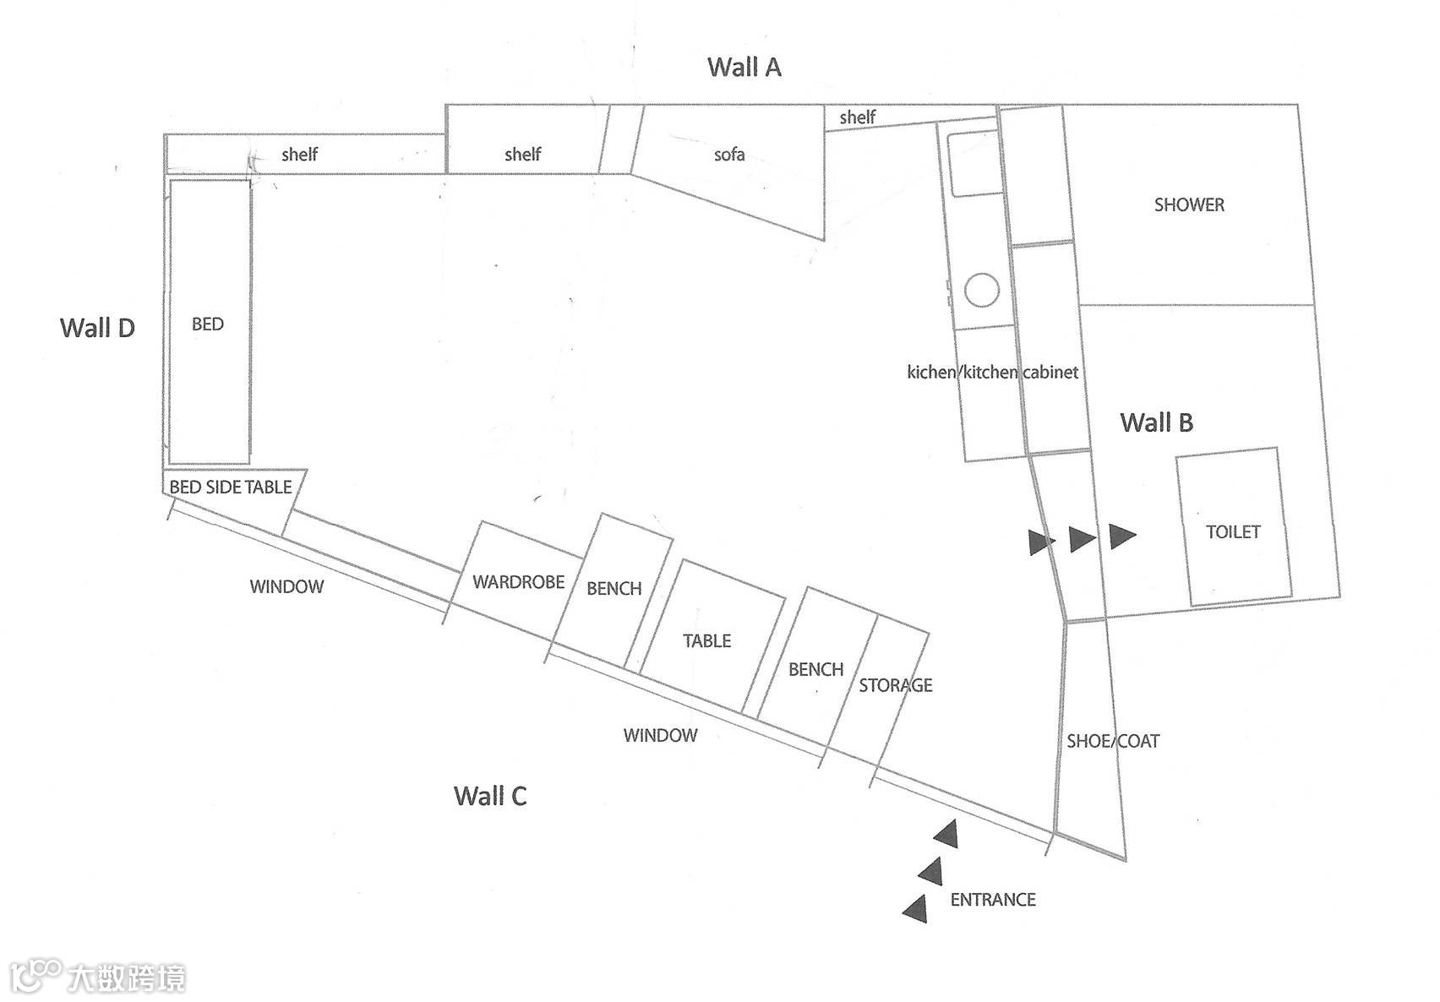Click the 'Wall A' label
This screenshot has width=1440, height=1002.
744,67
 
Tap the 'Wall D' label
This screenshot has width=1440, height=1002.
97,328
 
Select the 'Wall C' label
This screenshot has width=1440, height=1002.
490,795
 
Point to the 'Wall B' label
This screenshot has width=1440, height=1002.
1156,422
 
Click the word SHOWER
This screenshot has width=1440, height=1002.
1189,204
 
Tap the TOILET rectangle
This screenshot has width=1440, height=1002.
1233,531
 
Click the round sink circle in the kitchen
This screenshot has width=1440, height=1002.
982,291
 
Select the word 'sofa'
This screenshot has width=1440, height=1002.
729,155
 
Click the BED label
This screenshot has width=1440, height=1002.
208,324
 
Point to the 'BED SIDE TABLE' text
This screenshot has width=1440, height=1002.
230,487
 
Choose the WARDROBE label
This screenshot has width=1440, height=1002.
518,581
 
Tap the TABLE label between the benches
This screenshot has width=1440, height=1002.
706,640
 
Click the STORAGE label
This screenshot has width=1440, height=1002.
896,685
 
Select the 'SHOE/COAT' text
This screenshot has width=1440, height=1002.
1113,741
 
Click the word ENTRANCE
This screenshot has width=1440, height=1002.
993,900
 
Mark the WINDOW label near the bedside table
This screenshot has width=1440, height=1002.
286,586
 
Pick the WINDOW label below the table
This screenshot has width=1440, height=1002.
660,735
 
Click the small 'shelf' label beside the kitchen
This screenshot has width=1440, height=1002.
857,117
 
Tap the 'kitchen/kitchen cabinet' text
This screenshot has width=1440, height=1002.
992,372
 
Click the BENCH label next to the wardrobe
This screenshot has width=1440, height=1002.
614,588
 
